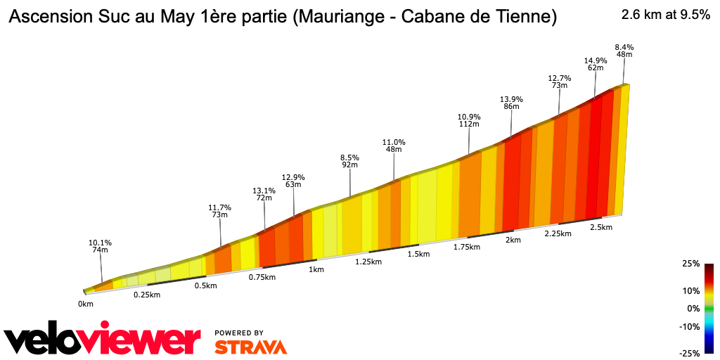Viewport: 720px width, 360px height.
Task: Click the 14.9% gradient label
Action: tap(595, 60)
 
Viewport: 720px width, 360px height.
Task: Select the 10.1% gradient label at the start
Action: tap(100, 243)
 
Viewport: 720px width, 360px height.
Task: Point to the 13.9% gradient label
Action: tap(511, 99)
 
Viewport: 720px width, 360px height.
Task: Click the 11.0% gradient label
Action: tap(394, 141)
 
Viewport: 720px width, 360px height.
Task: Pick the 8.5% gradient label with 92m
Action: tap(349, 157)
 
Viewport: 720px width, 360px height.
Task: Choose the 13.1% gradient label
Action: tap(264, 191)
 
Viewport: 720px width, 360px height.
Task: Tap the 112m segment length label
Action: tap(469, 124)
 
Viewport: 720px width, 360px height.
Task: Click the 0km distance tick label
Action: tap(86, 304)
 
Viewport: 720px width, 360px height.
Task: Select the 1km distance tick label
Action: tap(316, 269)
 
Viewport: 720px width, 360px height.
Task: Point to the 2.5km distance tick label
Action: tap(601, 228)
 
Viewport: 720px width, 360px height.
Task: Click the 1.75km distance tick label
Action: tap(467, 247)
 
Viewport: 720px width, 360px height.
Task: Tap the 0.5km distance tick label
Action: tap(205, 285)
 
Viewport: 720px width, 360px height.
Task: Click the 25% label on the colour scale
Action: tap(690, 264)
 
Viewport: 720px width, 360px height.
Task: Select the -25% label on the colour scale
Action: tap(690, 353)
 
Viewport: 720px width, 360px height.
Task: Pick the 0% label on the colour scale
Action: tap(693, 308)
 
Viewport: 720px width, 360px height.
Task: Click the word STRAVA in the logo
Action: tap(250, 347)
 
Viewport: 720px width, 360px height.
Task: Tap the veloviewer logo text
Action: tap(103, 341)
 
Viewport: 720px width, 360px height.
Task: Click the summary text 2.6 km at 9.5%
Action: tap(665, 15)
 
